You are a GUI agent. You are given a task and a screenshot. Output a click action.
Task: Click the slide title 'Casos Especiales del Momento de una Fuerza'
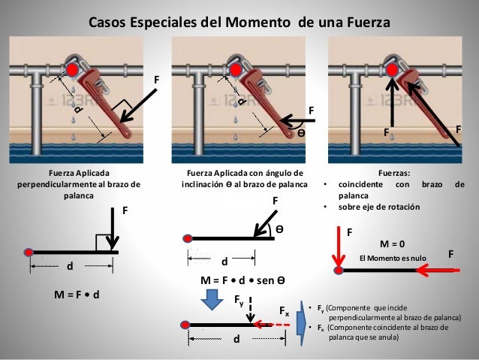click(x=239, y=23)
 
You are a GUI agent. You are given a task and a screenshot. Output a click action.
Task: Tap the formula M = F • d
click(x=77, y=294)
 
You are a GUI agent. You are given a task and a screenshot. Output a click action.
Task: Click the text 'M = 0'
click(x=392, y=244)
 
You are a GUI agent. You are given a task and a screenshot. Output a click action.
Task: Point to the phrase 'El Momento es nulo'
click(x=392, y=259)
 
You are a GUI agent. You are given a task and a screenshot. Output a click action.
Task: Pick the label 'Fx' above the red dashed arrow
click(x=284, y=310)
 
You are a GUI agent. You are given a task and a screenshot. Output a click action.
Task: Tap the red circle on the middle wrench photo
click(x=234, y=70)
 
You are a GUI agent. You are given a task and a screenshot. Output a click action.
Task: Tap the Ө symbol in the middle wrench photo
click(x=301, y=131)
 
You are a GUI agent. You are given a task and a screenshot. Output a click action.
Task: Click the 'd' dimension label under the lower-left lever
click(x=71, y=266)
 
